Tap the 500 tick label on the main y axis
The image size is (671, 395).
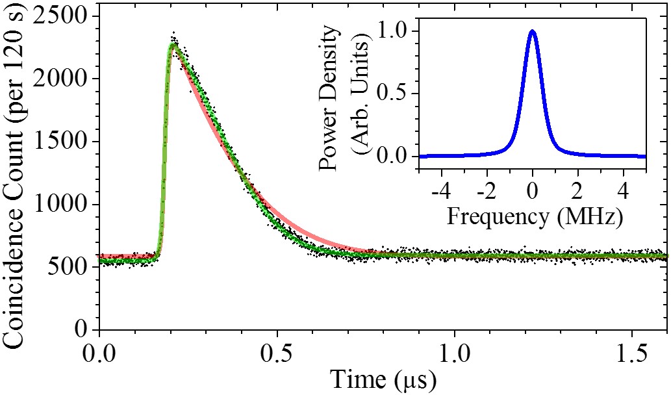click(x=73, y=267)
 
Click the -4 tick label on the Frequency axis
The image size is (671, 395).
click(x=440, y=193)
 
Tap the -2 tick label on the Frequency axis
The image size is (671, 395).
click(x=485, y=193)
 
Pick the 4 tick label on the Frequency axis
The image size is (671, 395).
click(x=624, y=193)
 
